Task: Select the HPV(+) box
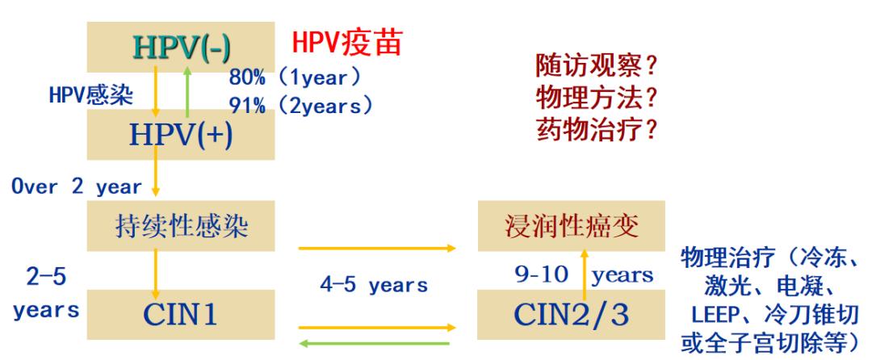[182, 134]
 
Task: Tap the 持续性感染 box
[182, 227]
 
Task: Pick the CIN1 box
[182, 314]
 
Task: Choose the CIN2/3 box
[566, 314]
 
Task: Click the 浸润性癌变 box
[566, 227]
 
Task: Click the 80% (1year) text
[296, 78]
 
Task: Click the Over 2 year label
[76, 186]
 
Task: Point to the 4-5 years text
[374, 286]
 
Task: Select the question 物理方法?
[596, 98]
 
